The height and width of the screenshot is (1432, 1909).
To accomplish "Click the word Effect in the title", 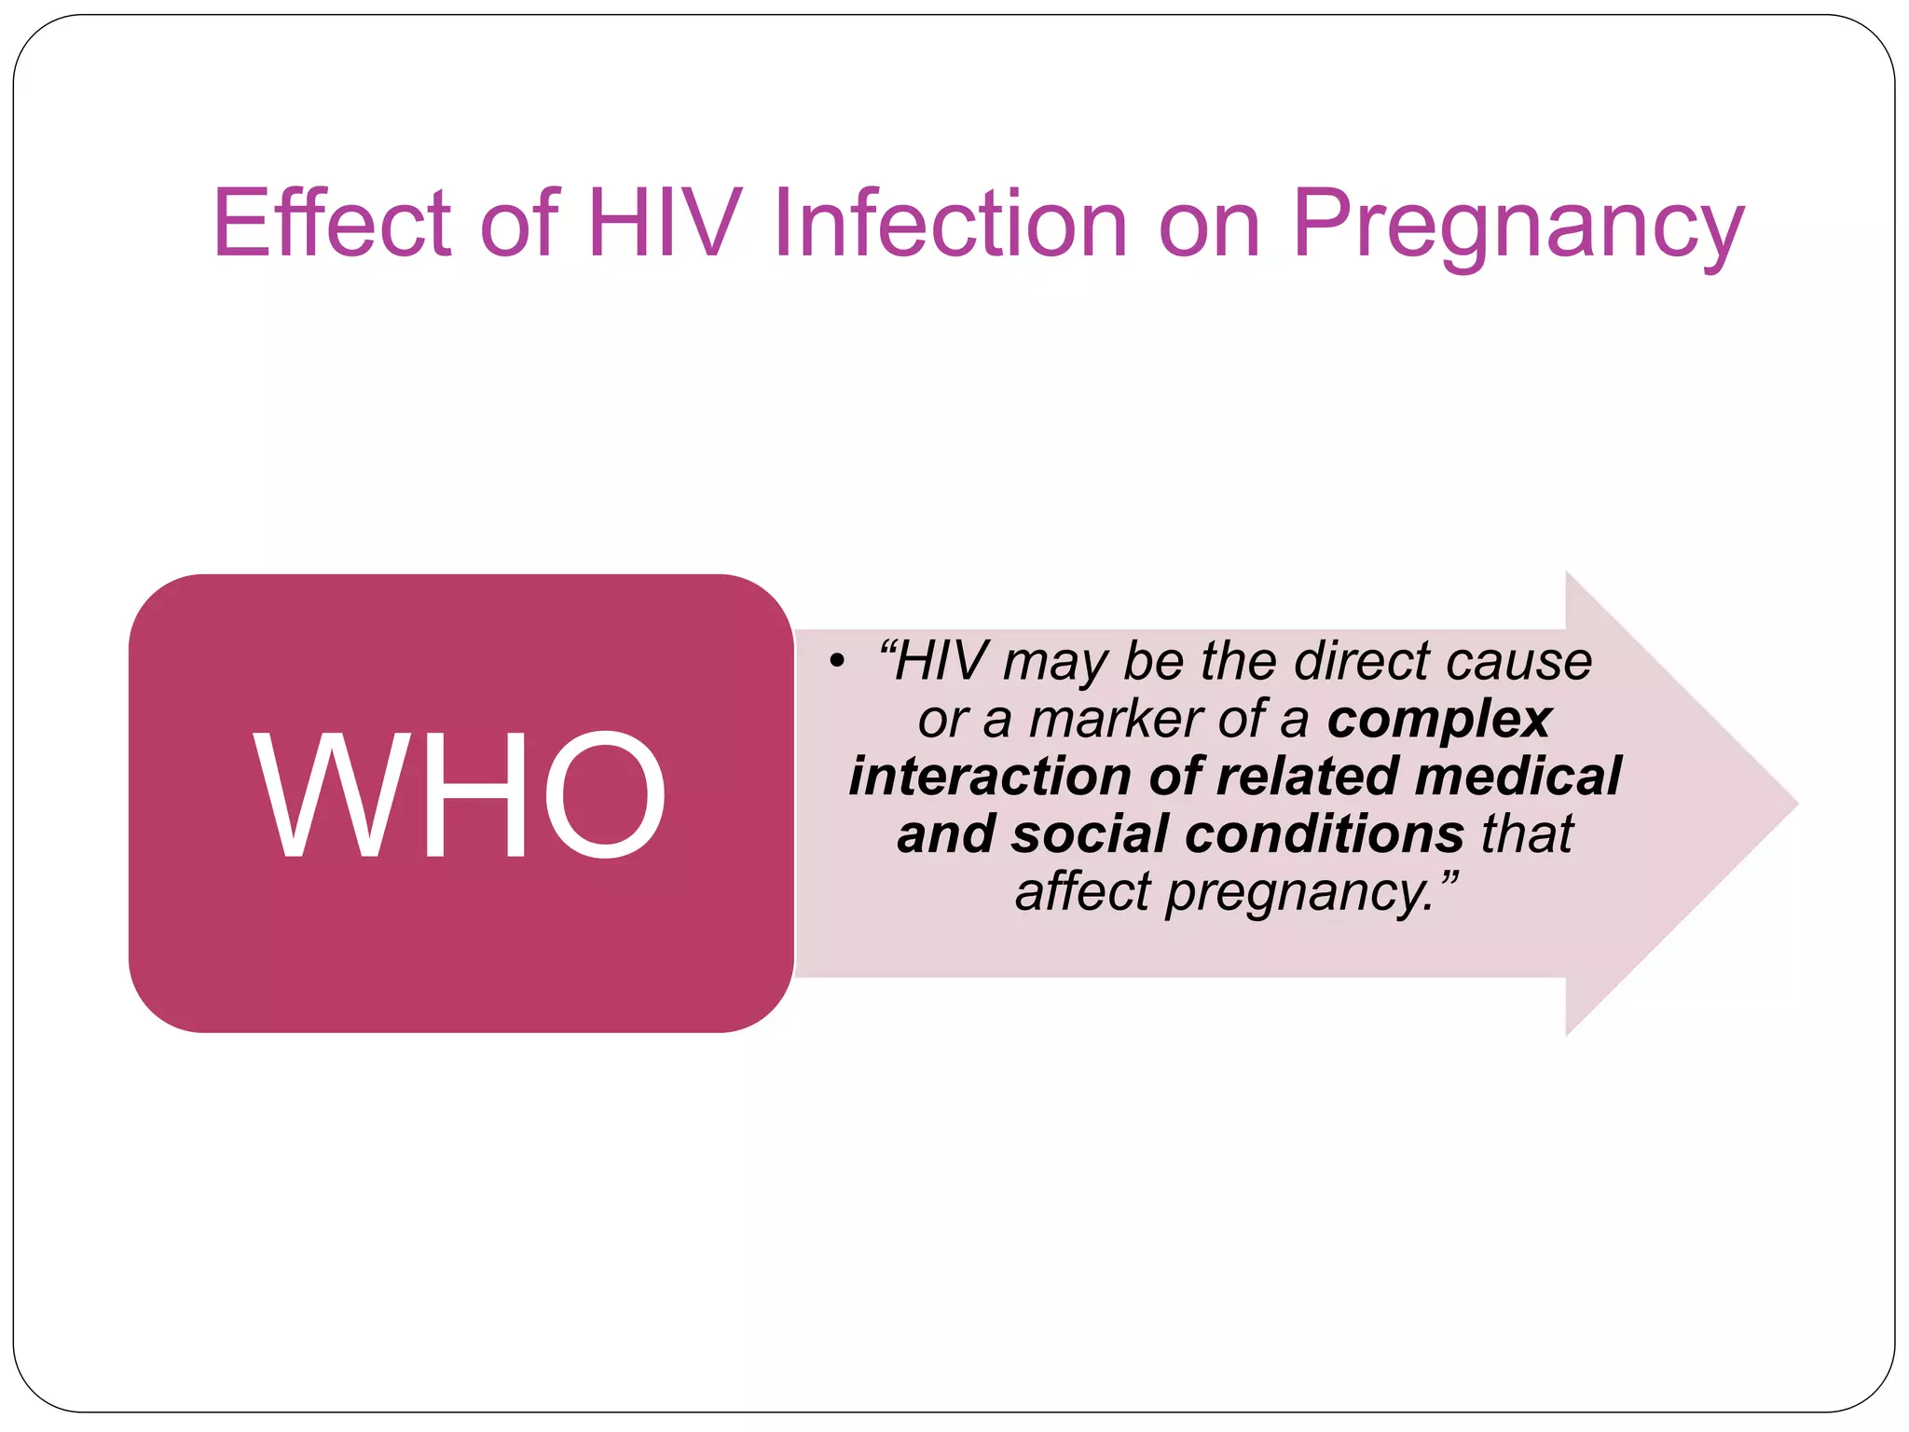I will tap(332, 224).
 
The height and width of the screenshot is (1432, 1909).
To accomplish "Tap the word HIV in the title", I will tap(665, 224).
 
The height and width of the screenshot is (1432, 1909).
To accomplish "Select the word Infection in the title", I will tap(951, 224).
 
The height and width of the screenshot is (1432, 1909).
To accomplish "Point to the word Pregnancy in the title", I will tap(1518, 228).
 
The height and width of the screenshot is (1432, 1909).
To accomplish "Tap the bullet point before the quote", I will tap(836, 662).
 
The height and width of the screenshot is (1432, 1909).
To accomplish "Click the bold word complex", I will tap(1439, 720).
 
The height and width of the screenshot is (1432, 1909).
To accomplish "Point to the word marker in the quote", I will tap(1114, 720).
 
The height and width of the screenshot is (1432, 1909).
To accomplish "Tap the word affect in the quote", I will tap(1083, 891).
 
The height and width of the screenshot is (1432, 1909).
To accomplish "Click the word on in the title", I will tap(1209, 226).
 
